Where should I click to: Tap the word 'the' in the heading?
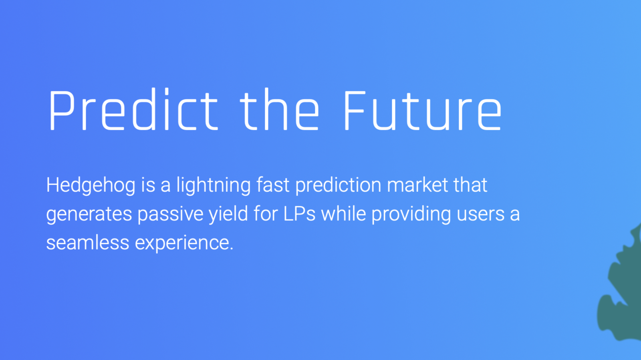coord(279,109)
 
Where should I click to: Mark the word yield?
coord(228,215)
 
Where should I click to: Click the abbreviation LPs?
coord(299,214)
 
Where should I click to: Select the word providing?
coord(411,215)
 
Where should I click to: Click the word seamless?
coord(88,243)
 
